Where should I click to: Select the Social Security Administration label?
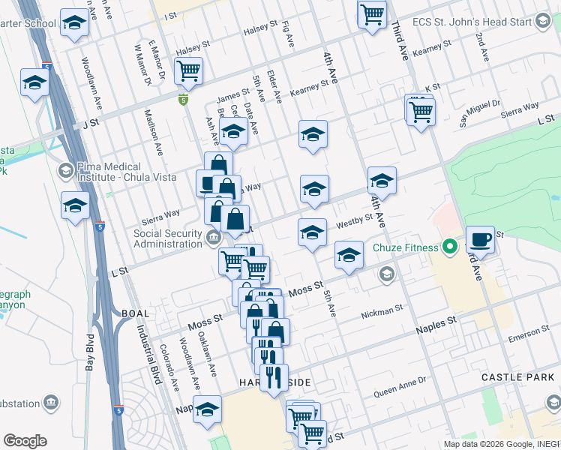168,238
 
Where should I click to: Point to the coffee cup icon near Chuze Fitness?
480,240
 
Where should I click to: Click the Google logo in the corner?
25,441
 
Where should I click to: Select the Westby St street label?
355,220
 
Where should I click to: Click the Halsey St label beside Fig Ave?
261,32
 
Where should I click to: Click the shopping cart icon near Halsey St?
188,71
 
